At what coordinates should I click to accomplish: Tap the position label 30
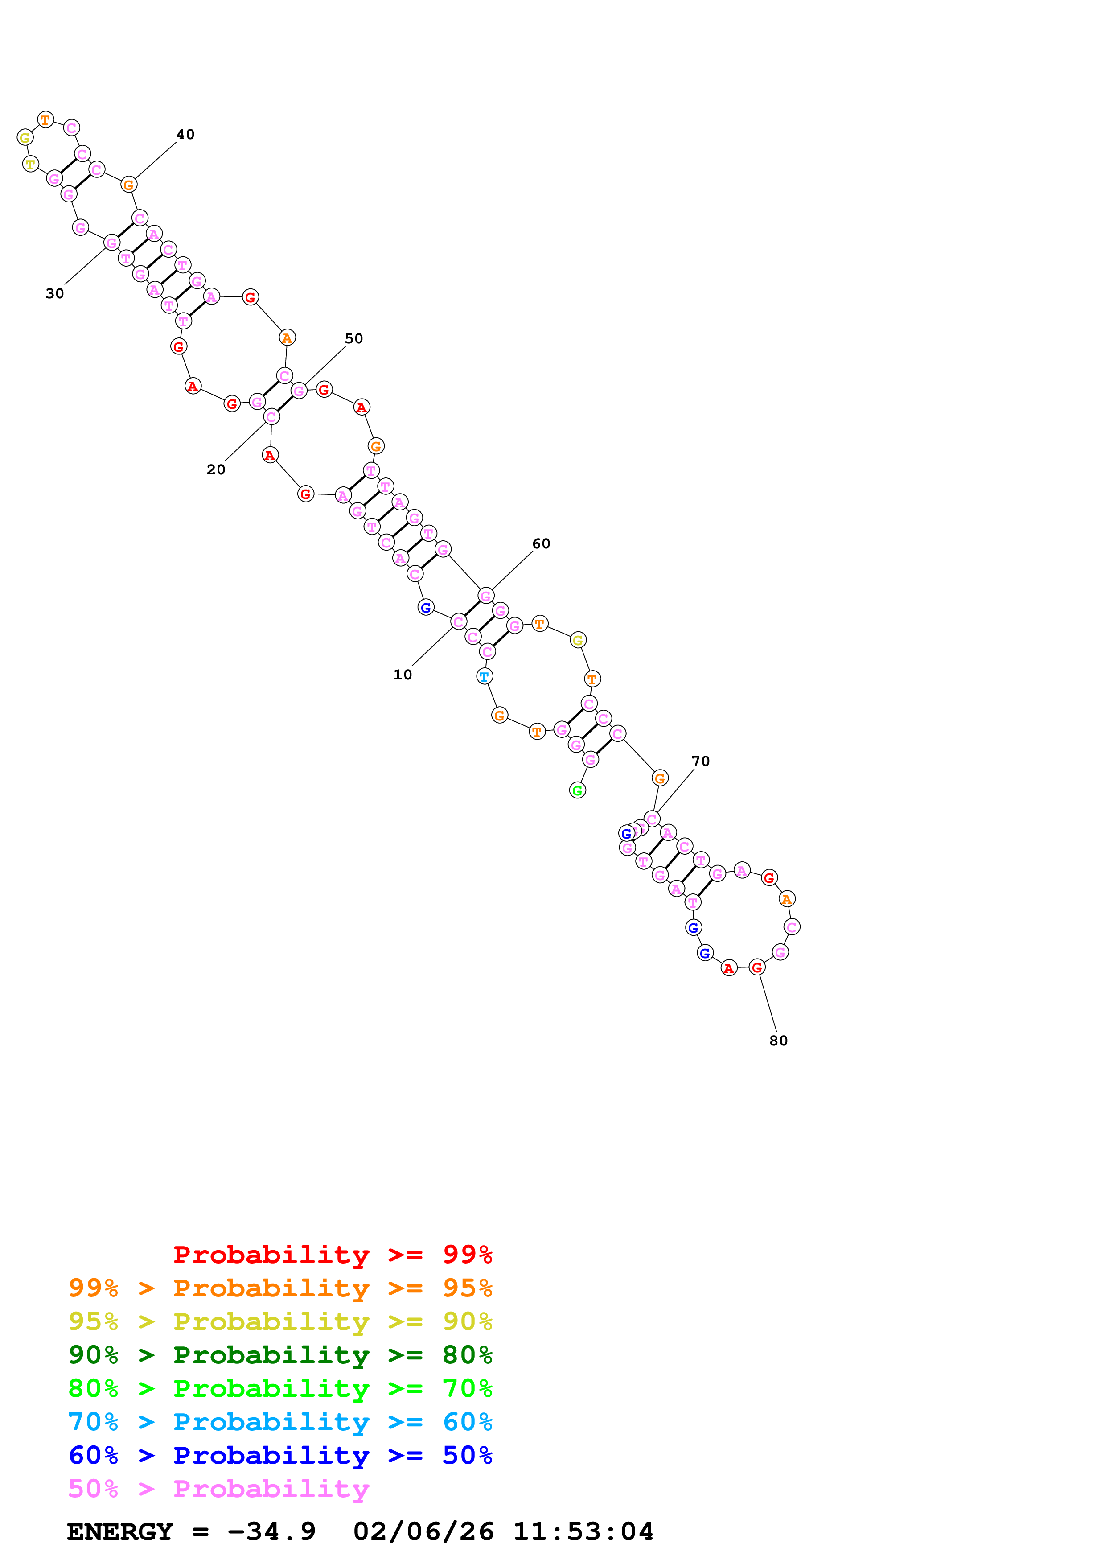click(x=54, y=294)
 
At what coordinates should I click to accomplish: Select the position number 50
click(x=353, y=338)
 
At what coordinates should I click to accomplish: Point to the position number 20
click(x=216, y=469)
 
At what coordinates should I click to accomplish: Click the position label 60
click(x=541, y=543)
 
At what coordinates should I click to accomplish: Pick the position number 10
click(x=403, y=675)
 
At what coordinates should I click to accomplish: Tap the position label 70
click(x=701, y=761)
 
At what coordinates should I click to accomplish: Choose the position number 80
click(x=778, y=1040)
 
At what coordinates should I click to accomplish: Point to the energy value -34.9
click(x=271, y=1531)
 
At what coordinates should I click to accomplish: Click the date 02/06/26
click(x=423, y=1531)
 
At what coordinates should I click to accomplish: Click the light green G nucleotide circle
click(x=577, y=790)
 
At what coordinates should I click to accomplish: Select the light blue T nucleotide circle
click(x=484, y=676)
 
